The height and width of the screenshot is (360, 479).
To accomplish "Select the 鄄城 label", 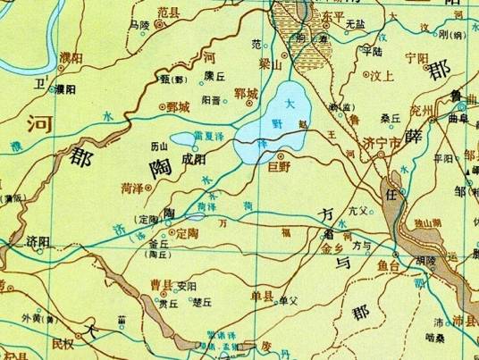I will [x=178, y=106].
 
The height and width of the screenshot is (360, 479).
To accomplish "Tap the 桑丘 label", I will [x=390, y=117].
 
